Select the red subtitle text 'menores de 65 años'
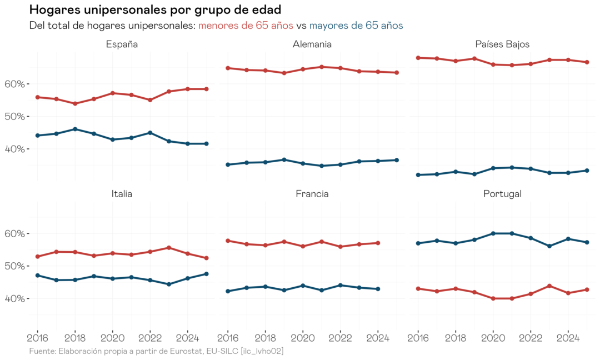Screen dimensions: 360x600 (246, 26)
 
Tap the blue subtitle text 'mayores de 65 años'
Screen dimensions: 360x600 (356, 26)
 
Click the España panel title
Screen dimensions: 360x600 (122, 44)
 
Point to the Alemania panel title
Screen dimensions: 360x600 (312, 44)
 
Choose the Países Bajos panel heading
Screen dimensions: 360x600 (502, 44)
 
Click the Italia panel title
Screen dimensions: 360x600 (122, 194)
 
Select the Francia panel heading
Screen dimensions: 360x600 (312, 194)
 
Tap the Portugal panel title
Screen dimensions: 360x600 (502, 194)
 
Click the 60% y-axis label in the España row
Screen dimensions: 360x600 (16, 84)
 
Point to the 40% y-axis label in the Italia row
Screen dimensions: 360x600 (16, 299)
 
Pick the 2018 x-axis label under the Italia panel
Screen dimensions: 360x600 (75, 337)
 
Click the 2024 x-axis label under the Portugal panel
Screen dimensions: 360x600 (568, 337)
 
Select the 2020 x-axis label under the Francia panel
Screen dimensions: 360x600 (303, 337)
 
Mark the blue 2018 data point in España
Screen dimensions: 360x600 (75, 129)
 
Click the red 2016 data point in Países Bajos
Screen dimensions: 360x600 (418, 58)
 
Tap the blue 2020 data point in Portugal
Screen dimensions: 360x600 (493, 233)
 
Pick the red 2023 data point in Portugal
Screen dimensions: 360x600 (549, 286)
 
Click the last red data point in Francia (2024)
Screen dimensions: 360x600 (378, 243)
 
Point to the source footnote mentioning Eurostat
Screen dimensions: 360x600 (156, 351)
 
